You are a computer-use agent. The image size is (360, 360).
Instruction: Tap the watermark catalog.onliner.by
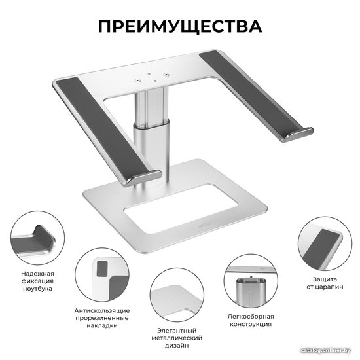325,350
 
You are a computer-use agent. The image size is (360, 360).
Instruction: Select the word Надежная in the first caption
38,274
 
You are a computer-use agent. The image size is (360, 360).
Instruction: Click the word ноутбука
38,289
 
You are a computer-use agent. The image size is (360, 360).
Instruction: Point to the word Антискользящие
102,311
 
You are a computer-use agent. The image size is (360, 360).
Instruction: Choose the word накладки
102,325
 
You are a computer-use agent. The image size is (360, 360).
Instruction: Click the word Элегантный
177,331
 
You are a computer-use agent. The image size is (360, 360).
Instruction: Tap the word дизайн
177,346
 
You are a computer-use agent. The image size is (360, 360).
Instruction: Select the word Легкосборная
251,317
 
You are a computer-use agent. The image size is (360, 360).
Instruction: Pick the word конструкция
251,324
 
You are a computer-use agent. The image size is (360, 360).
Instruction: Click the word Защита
325,279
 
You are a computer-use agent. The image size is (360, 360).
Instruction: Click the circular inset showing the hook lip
38,238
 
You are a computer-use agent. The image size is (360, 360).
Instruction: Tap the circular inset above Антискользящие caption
102,275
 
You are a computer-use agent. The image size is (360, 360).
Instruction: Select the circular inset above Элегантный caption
177,295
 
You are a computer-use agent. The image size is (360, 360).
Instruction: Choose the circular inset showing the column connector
251,281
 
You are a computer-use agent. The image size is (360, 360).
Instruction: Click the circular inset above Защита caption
325,243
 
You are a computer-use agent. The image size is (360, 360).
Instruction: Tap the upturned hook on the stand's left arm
142,178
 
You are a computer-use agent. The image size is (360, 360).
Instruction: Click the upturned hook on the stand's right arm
298,135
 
